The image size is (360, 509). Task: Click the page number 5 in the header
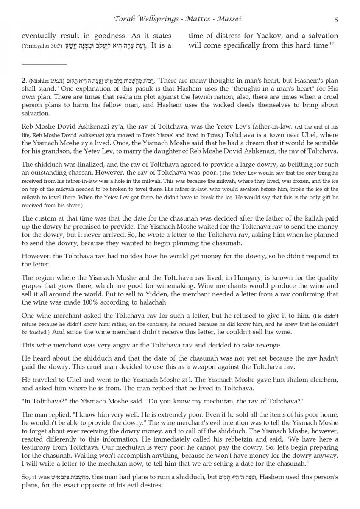336,19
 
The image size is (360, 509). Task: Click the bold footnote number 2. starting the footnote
25,81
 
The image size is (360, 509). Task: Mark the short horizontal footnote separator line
44,64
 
